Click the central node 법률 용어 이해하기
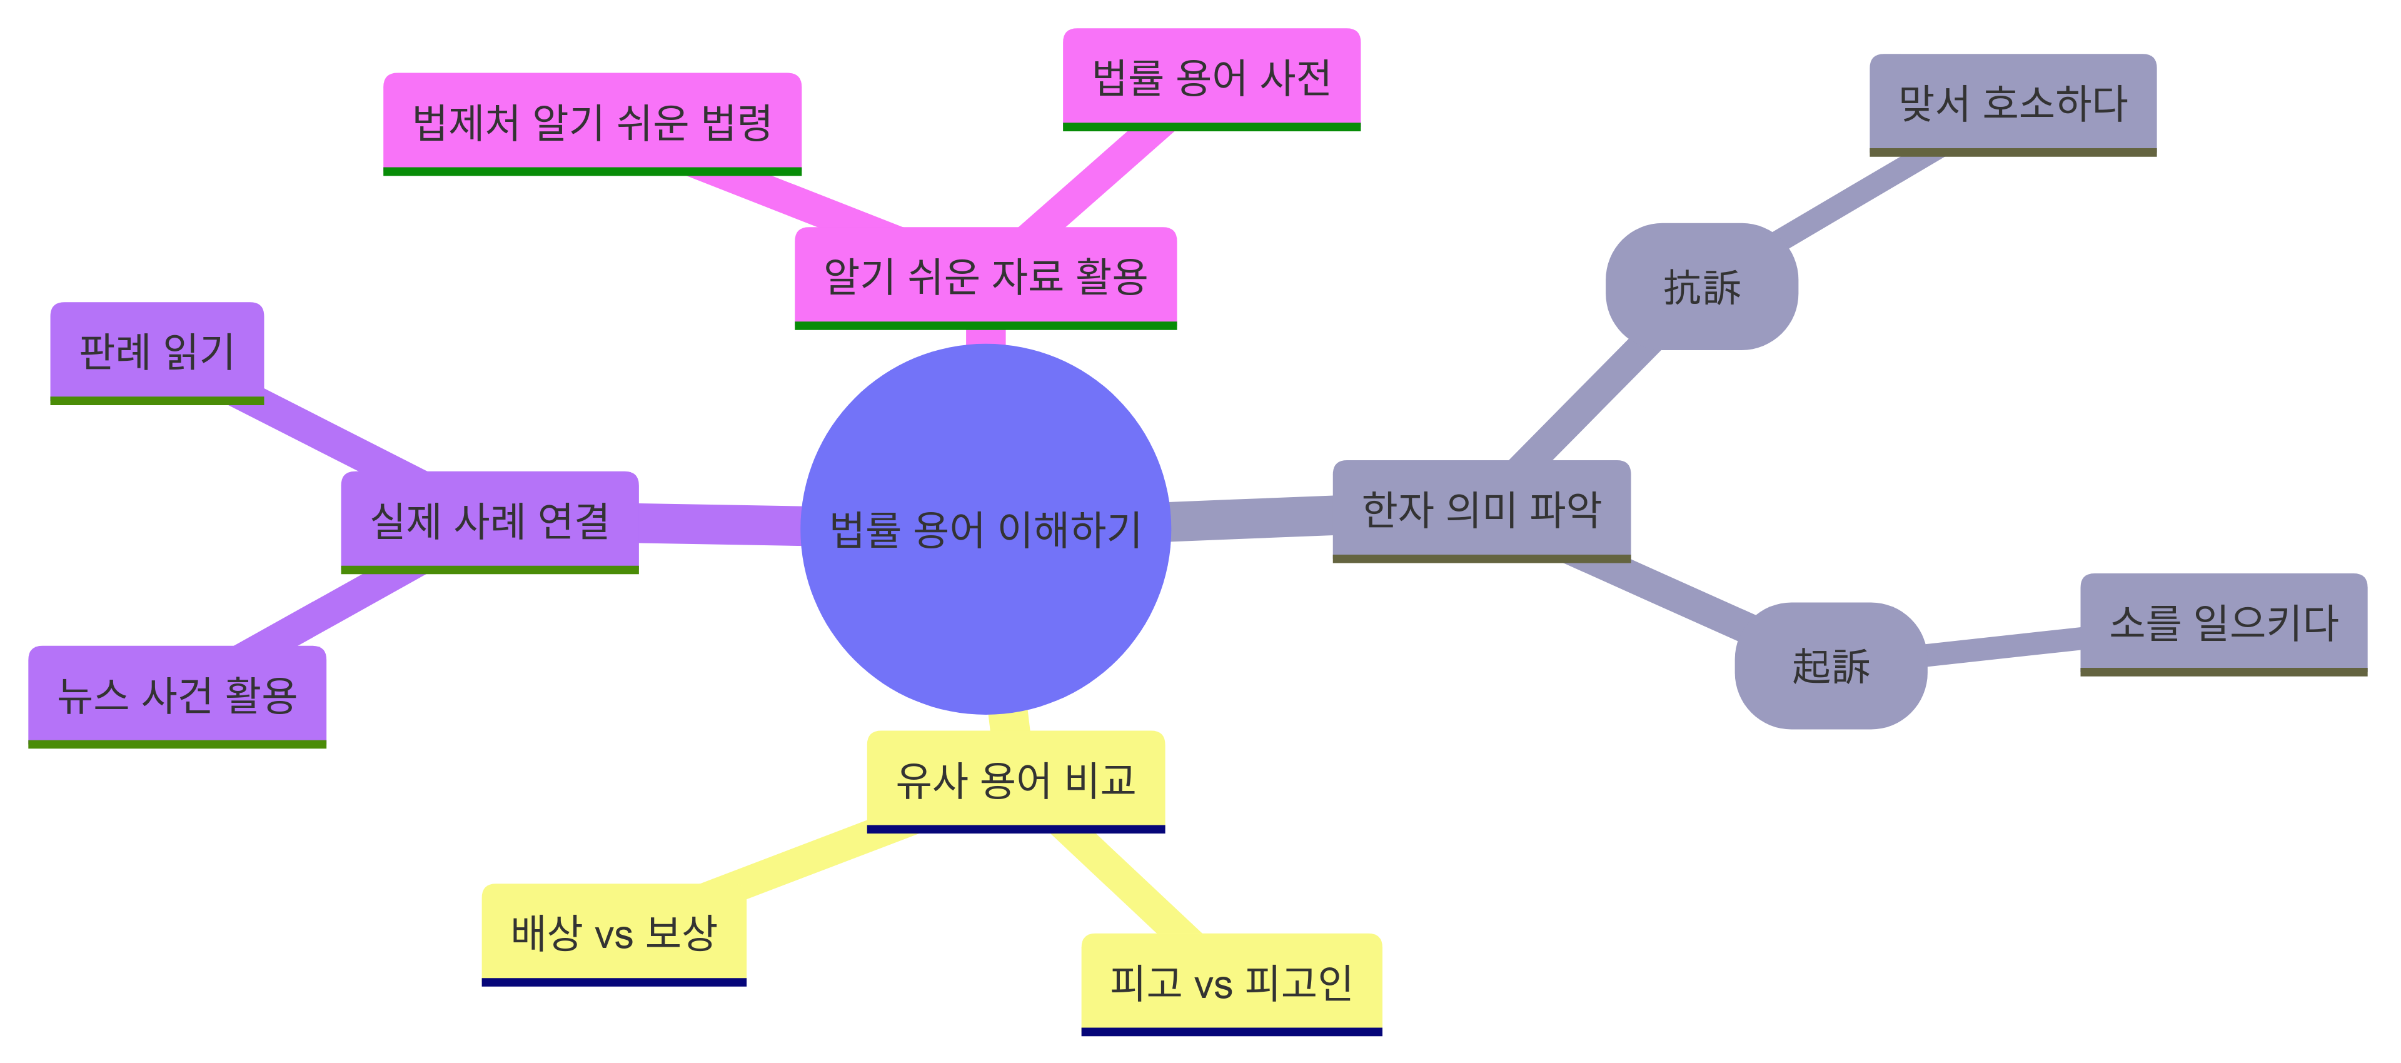click(985, 529)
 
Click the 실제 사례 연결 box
click(490, 520)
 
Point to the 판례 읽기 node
click(156, 351)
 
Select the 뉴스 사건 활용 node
click(177, 695)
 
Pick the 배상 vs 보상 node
click(613, 932)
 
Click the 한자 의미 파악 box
click(1481, 509)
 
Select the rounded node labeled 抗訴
click(1701, 286)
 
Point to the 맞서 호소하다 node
click(2012, 103)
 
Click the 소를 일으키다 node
click(2223, 622)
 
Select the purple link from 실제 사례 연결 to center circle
click(720, 524)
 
